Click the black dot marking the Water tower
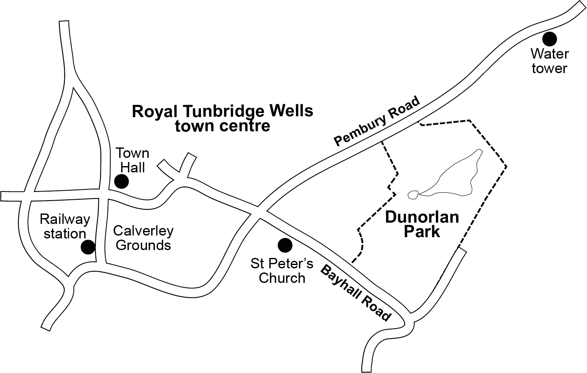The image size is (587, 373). [x=550, y=39]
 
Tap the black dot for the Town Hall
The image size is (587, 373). [x=121, y=182]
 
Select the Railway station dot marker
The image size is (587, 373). [x=88, y=247]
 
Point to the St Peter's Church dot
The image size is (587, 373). [x=285, y=245]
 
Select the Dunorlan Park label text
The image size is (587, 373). [x=422, y=224]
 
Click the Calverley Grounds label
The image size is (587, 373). [x=143, y=238]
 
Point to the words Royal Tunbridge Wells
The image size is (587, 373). [x=223, y=111]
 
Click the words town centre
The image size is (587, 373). [x=223, y=125]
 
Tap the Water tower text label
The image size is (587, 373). [x=550, y=61]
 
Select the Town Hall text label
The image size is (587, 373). [x=132, y=160]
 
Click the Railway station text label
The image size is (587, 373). [x=65, y=226]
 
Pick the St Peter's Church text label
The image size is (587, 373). [x=282, y=270]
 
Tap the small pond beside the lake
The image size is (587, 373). [x=413, y=194]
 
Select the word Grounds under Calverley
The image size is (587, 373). [x=143, y=245]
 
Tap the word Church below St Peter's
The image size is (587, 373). [x=282, y=277]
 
